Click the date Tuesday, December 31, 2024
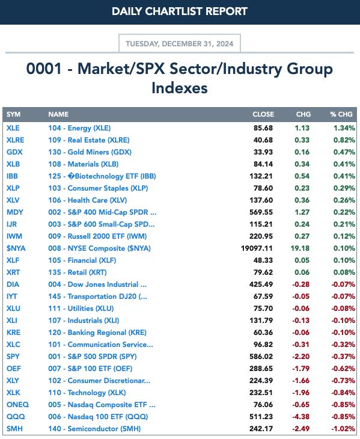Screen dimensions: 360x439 179,44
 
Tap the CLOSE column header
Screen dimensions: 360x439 263,114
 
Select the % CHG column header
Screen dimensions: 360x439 341,114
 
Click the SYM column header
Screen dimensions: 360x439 13,114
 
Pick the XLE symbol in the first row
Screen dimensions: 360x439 13,128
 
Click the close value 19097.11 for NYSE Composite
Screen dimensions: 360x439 257,248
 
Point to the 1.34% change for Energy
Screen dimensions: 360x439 344,128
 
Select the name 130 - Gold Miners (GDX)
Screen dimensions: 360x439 90,152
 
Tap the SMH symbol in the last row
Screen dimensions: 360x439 14,429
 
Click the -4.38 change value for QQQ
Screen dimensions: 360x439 301,417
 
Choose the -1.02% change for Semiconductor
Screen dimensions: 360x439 343,429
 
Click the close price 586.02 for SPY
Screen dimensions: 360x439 261,357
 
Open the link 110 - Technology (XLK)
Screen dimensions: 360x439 87,393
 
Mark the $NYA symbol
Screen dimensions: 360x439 16,248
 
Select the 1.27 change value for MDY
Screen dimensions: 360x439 302,212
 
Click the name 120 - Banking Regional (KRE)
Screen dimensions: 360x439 97,333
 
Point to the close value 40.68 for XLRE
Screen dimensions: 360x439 263,140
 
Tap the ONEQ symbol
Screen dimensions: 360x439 17,405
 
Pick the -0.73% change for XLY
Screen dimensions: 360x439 343,381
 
